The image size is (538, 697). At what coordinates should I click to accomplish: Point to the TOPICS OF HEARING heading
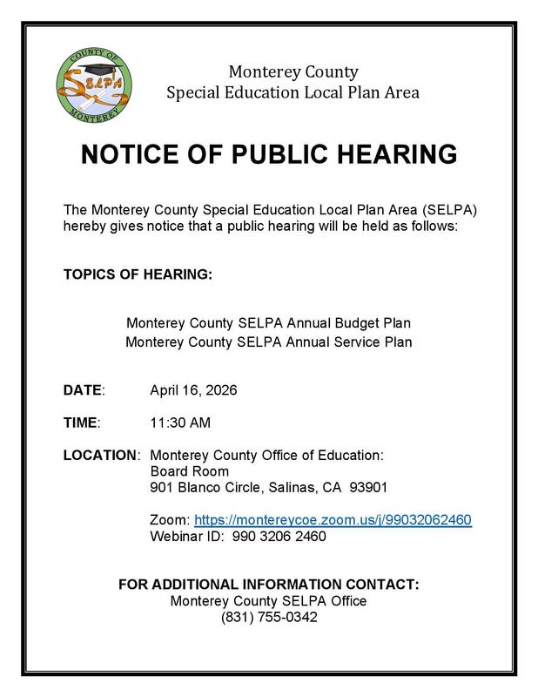[138, 274]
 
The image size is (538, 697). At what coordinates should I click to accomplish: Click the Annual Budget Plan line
[269, 323]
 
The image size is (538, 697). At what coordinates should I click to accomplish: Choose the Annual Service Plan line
[269, 342]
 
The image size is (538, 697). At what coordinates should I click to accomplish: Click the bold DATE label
[84, 389]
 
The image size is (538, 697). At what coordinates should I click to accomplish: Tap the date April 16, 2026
[193, 389]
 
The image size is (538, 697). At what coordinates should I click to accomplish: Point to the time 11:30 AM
[180, 423]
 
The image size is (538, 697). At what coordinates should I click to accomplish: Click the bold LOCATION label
[101, 455]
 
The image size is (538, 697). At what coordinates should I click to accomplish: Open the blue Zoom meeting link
[333, 519]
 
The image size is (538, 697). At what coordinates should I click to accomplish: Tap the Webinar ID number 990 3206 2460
[279, 536]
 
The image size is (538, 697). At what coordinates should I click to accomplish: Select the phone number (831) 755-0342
[269, 618]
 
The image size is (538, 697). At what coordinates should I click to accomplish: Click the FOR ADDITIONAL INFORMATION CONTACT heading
[269, 585]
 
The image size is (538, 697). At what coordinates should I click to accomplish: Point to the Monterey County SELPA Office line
[269, 601]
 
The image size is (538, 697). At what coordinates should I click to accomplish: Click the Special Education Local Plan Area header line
[293, 91]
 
